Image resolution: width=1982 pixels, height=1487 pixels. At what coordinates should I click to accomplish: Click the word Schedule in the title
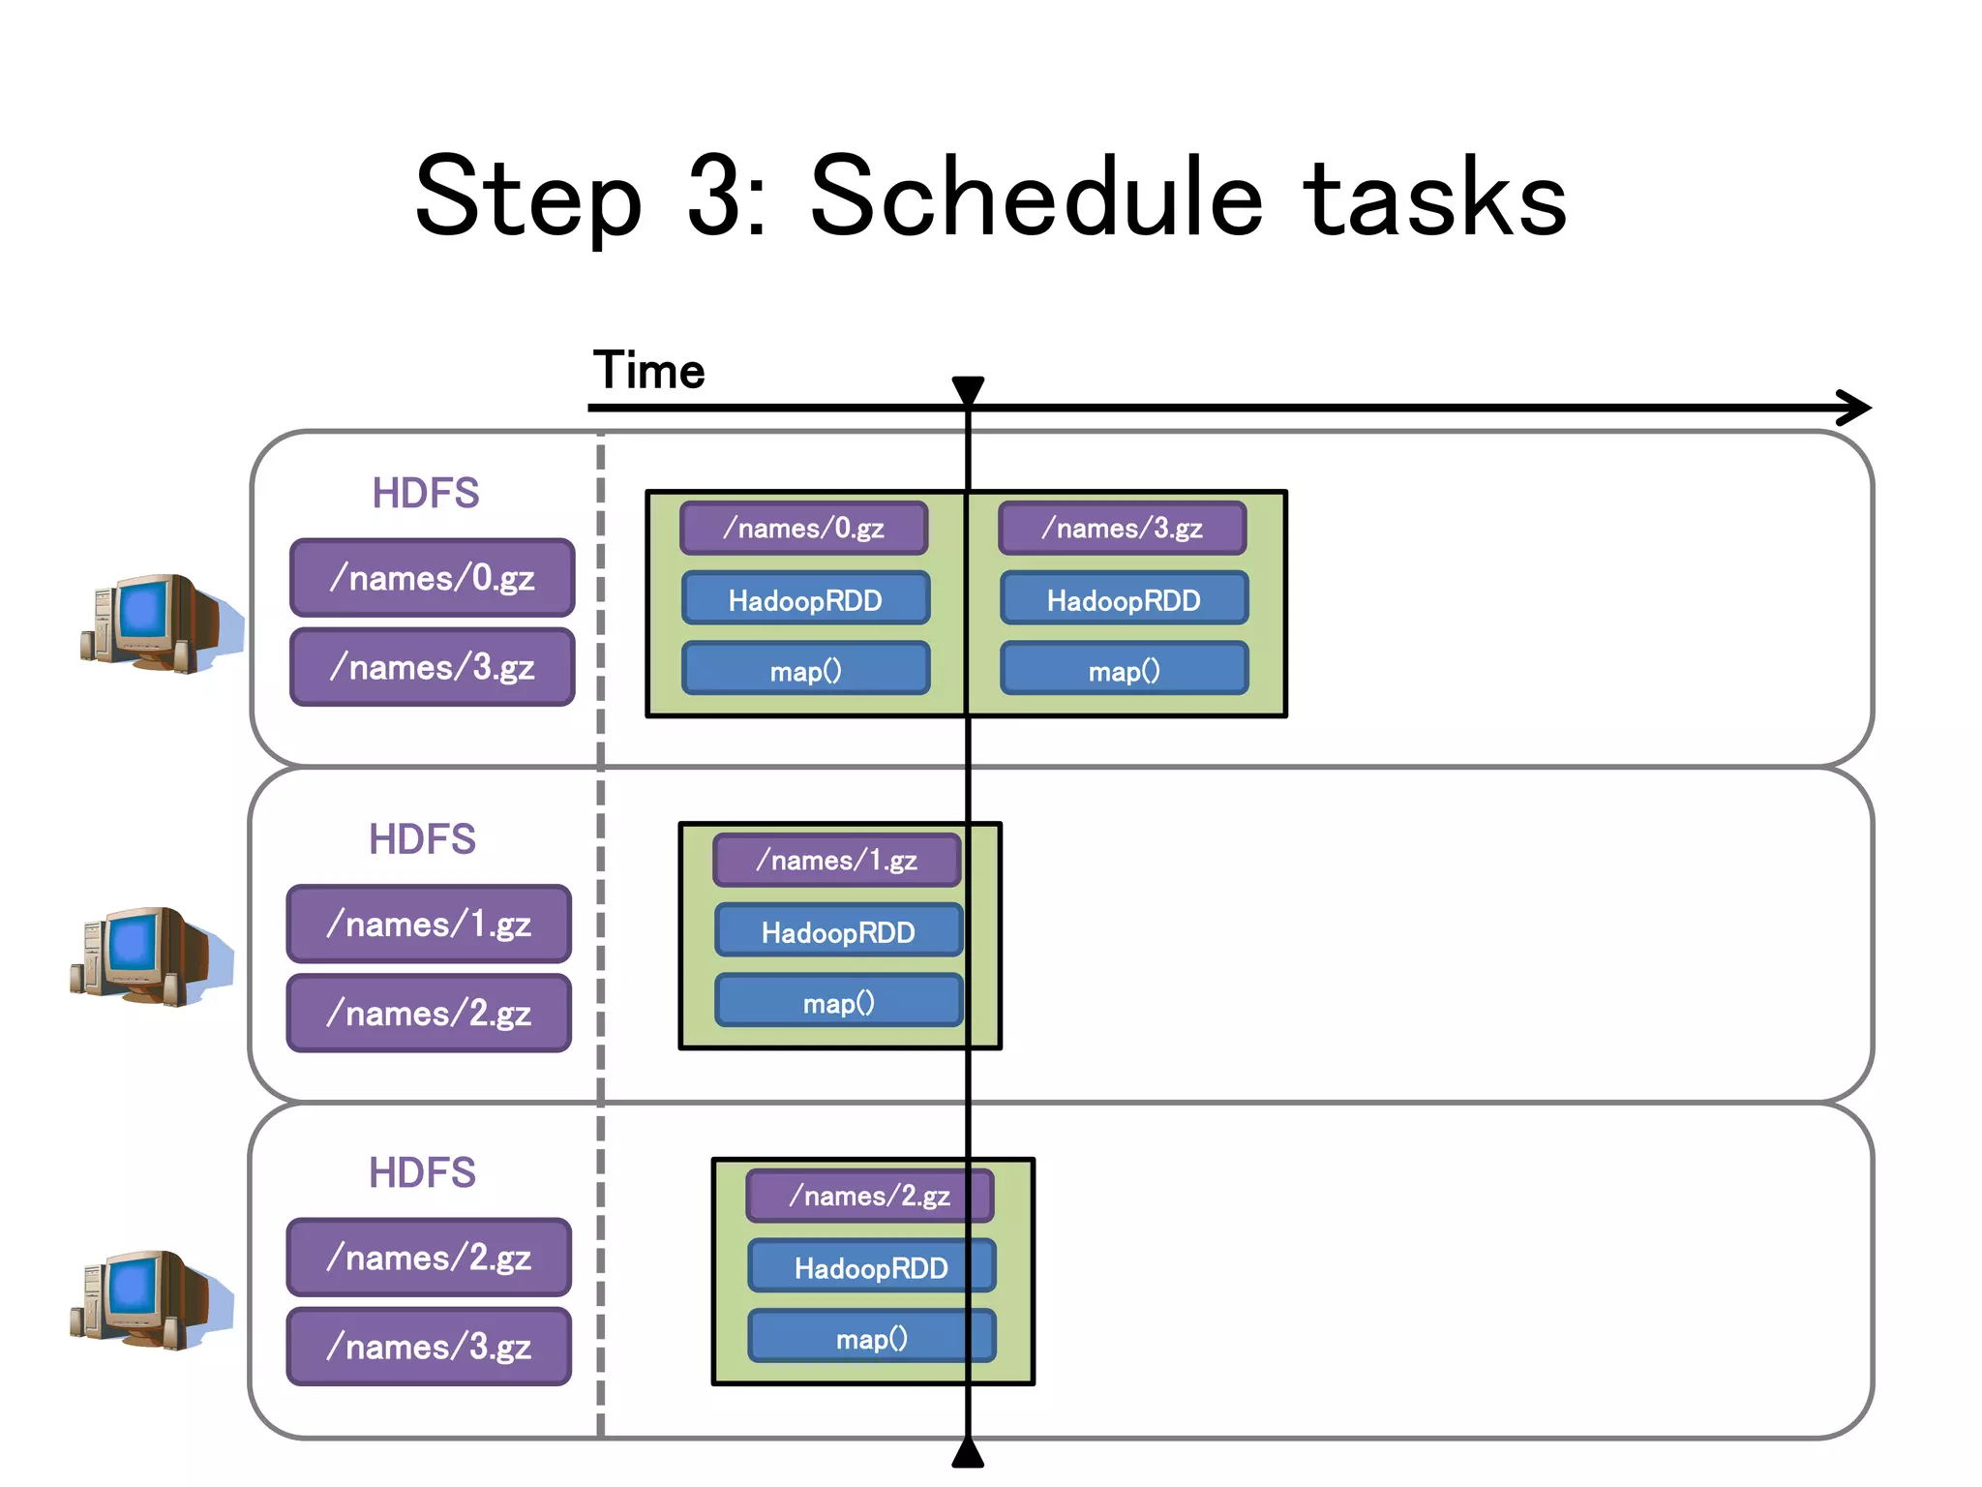(1036, 197)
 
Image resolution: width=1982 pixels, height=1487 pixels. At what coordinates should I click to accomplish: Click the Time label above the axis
(648, 371)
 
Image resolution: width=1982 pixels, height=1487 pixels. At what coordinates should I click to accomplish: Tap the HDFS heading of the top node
(425, 494)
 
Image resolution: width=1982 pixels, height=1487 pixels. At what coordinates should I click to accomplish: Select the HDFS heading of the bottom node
(422, 1173)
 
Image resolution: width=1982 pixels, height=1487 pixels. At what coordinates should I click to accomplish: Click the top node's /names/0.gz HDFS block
(432, 578)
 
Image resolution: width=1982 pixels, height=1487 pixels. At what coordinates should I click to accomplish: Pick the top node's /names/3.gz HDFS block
(432, 667)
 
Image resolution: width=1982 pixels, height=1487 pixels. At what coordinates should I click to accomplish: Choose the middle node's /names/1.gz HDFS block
(429, 925)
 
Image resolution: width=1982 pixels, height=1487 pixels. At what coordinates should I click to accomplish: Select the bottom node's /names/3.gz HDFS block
(429, 1347)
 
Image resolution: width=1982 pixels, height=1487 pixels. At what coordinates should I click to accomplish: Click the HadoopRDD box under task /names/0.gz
(805, 600)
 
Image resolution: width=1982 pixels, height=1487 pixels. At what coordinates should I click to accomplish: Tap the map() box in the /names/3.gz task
(1124, 670)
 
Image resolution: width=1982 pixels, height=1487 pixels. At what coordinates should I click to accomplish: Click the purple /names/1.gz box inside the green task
(837, 860)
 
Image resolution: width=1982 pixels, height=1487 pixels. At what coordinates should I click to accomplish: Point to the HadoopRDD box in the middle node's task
(838, 931)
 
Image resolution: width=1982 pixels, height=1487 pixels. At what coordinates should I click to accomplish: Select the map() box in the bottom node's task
(871, 1338)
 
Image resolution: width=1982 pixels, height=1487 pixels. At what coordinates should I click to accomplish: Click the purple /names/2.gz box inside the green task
(869, 1196)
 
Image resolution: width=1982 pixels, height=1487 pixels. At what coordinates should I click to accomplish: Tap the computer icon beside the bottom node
(150, 1300)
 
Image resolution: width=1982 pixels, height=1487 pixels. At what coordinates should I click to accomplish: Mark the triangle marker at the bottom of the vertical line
(968, 1453)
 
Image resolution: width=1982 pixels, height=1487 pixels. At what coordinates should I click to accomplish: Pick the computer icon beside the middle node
(150, 956)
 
